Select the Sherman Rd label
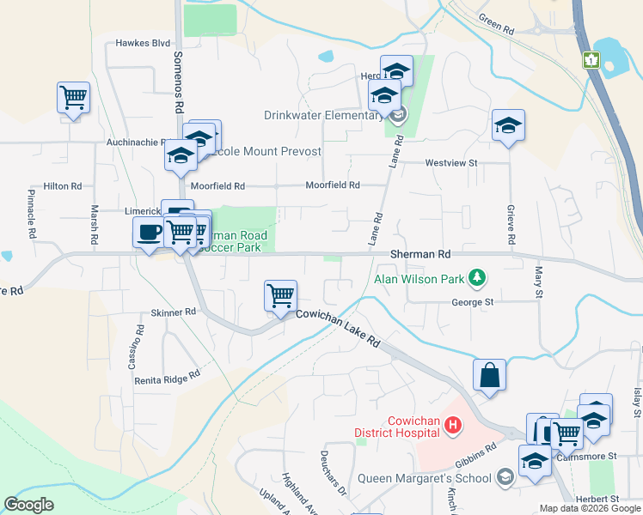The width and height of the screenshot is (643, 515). pyautogui.click(x=420, y=255)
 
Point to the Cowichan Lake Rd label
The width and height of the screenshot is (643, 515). pyautogui.click(x=338, y=328)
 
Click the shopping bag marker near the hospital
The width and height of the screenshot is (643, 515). pyautogui.click(x=489, y=375)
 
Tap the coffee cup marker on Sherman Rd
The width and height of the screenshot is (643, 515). pyautogui.click(x=149, y=232)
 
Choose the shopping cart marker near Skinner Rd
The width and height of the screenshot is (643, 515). pyautogui.click(x=281, y=296)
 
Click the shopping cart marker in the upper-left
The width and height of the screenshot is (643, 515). pyautogui.click(x=74, y=97)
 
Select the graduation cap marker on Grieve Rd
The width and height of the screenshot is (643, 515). pyautogui.click(x=508, y=126)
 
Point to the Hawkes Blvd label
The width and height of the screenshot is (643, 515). pyautogui.click(x=144, y=42)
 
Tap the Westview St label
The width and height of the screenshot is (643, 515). pyautogui.click(x=450, y=162)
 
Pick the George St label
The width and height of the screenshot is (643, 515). pyautogui.click(x=473, y=302)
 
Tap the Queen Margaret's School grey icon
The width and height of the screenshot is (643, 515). pyautogui.click(x=506, y=477)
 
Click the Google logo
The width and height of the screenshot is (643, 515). pyautogui.click(x=29, y=505)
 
